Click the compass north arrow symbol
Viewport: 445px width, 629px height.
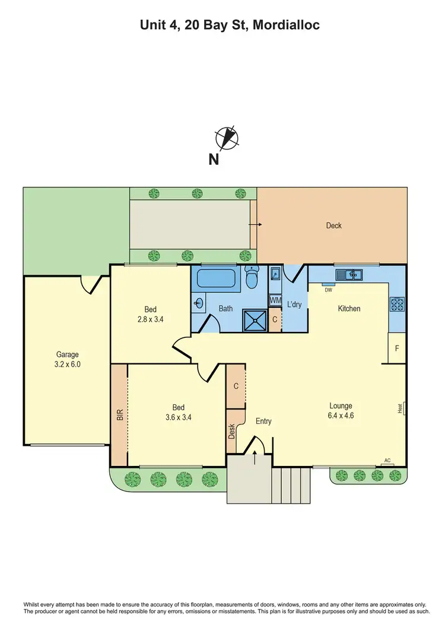[x=228, y=138]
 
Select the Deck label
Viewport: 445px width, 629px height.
[x=333, y=225]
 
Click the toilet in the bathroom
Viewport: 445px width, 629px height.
[x=252, y=277]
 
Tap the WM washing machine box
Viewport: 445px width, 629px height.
[x=275, y=301]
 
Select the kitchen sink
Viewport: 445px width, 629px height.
[x=349, y=274]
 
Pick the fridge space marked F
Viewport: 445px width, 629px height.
[x=396, y=348]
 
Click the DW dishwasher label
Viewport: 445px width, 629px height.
[x=328, y=289]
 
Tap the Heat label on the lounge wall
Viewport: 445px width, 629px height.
[x=401, y=409]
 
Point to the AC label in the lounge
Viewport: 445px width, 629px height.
[x=387, y=460]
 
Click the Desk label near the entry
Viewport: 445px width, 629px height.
[x=232, y=431]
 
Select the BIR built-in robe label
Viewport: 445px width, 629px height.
[x=119, y=414]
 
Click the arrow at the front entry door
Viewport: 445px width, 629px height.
[x=256, y=456]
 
